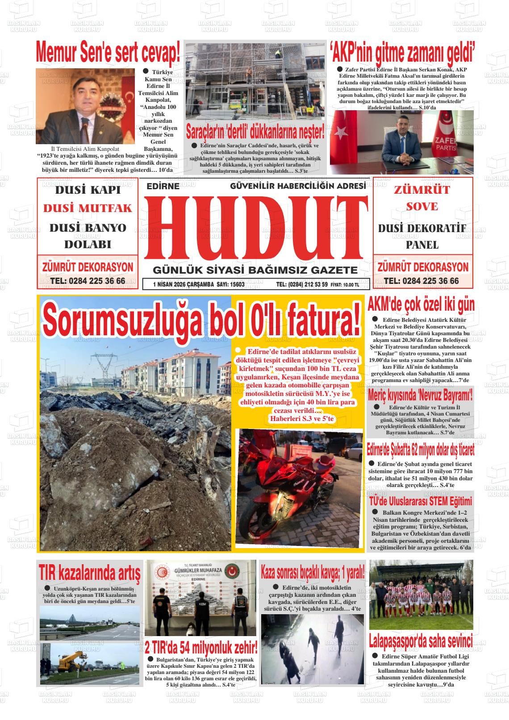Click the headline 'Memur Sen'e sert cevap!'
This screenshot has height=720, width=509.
pyautogui.click(x=108, y=53)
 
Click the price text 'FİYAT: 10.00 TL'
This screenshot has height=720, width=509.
pyautogui.click(x=345, y=284)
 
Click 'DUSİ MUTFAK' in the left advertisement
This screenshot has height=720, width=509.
pyautogui.click(x=88, y=208)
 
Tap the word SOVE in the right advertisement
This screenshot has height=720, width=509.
pyautogui.click(x=422, y=207)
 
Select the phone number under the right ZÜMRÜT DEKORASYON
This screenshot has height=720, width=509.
pyautogui.click(x=421, y=281)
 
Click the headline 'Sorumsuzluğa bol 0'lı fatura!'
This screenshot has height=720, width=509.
pyautogui.click(x=202, y=320)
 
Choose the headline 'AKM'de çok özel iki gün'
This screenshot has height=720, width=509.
pyautogui.click(x=421, y=305)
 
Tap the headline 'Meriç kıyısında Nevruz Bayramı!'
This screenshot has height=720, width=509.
pyautogui.click(x=420, y=396)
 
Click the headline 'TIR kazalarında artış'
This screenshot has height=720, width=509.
pyautogui.click(x=89, y=572)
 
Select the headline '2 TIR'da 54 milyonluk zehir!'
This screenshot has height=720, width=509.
pyautogui.click(x=202, y=647)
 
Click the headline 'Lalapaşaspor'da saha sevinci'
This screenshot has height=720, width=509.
pyautogui.click(x=421, y=641)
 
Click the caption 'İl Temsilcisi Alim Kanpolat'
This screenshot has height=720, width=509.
pyautogui.click(x=85, y=149)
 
